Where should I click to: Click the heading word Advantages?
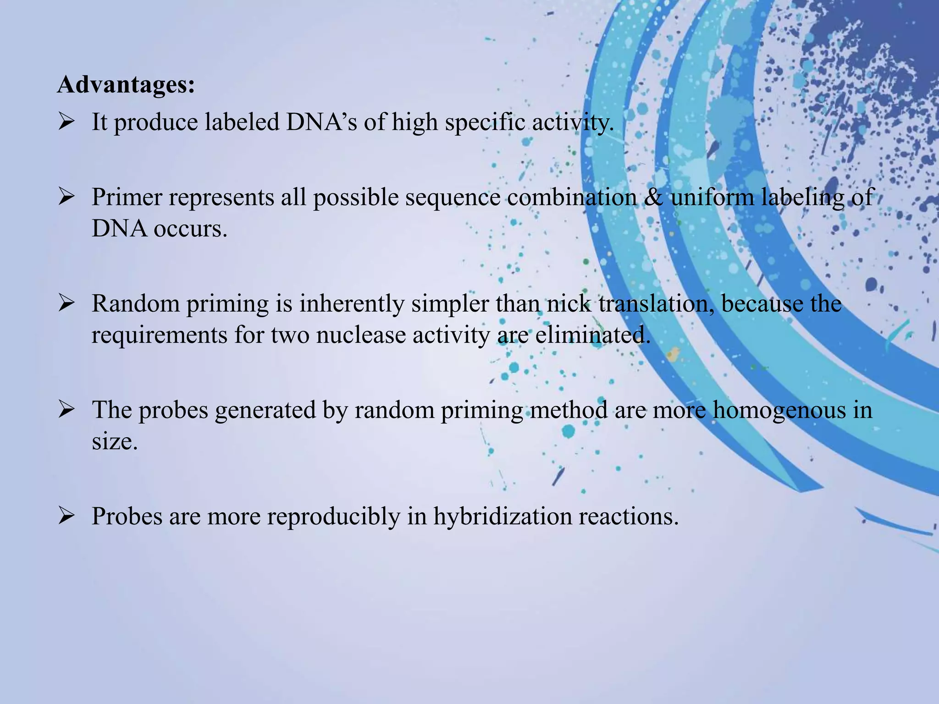(126, 85)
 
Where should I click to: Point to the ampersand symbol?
(653, 197)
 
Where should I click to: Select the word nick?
(569, 303)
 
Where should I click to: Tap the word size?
(114, 441)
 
